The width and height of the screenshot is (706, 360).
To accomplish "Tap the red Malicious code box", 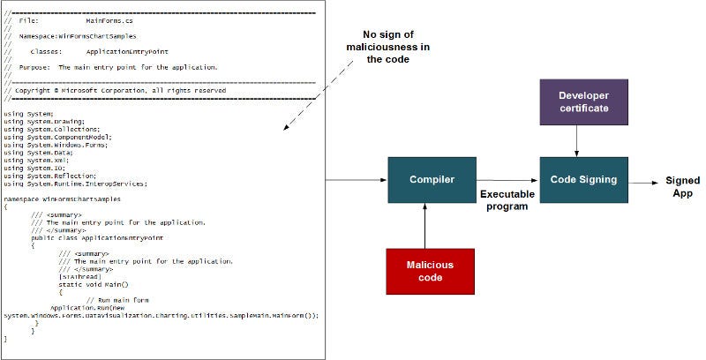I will [431, 271].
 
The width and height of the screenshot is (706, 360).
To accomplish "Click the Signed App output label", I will [682, 187].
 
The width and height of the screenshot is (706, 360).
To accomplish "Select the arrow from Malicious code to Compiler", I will [425, 226].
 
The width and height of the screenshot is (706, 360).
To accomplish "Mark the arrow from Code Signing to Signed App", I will [643, 180].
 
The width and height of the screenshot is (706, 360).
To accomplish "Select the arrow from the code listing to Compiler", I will [357, 180].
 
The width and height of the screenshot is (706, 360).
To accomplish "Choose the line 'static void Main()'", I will [93, 283].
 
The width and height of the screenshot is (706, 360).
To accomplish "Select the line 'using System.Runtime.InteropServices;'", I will [75, 184].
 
